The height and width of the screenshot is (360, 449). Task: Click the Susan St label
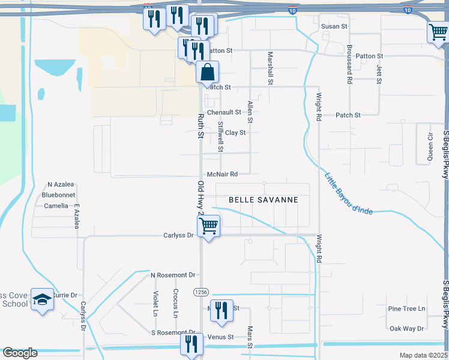click(x=334, y=26)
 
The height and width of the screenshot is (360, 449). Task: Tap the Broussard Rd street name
click(x=349, y=63)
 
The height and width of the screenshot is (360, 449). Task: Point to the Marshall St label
click(x=270, y=67)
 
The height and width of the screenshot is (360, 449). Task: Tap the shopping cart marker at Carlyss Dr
click(x=208, y=227)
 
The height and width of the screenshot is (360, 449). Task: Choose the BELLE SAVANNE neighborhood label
click(x=263, y=200)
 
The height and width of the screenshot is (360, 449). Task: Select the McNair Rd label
click(x=222, y=174)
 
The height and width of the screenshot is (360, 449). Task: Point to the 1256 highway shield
click(x=200, y=292)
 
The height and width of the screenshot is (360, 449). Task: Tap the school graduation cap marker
click(x=43, y=299)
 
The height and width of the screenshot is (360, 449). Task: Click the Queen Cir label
click(x=430, y=147)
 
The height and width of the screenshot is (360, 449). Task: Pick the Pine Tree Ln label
click(x=406, y=309)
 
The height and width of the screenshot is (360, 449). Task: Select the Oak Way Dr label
click(x=406, y=328)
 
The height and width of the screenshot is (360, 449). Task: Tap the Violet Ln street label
click(x=155, y=304)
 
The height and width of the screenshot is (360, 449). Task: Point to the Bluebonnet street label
click(x=58, y=195)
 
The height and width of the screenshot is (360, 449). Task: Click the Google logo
click(x=20, y=353)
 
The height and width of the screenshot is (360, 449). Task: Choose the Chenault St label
click(x=223, y=112)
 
